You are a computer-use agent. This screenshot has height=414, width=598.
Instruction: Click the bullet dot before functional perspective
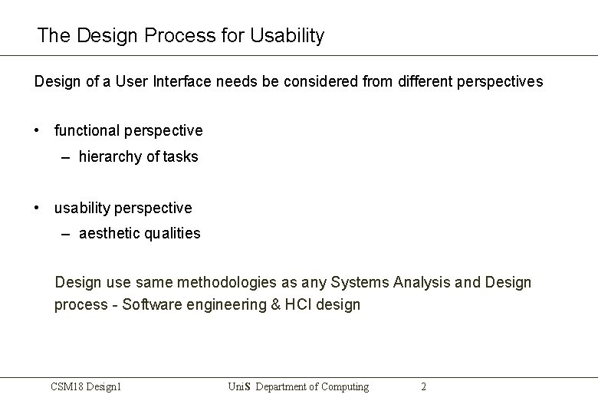(x=38, y=130)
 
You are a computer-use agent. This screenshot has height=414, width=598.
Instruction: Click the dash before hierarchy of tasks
(x=67, y=157)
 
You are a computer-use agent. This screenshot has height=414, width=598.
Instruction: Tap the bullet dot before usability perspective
(x=38, y=208)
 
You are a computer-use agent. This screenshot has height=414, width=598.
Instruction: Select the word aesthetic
(x=110, y=234)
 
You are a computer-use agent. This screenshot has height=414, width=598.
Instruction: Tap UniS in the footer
(x=240, y=387)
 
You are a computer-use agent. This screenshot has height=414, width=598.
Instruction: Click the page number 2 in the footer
(x=423, y=387)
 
